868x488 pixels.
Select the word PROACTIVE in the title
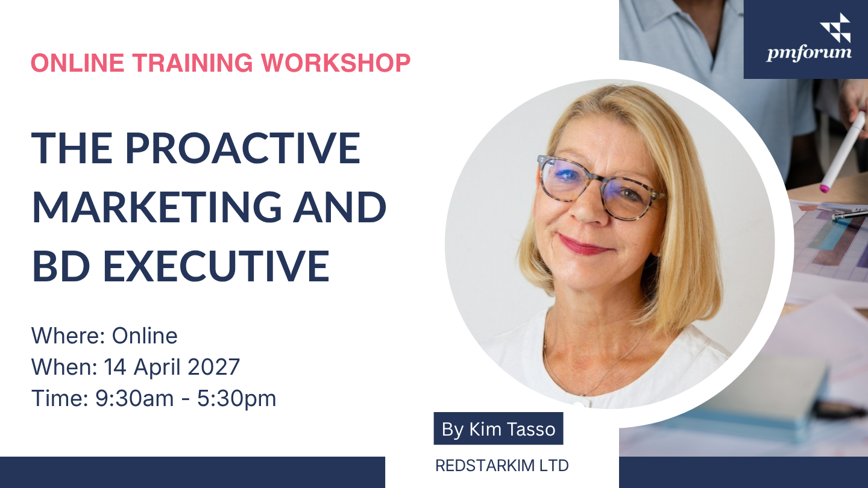click(242, 148)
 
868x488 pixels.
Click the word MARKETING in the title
click(157, 207)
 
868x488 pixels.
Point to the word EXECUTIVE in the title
click(216, 266)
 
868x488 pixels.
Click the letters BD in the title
click(61, 266)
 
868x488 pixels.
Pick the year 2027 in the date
click(213, 366)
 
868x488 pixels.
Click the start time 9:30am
click(134, 398)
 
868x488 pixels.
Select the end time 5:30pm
click(236, 399)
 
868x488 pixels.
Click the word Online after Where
click(145, 336)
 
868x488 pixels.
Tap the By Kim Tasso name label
click(498, 428)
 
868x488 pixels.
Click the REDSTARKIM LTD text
click(502, 466)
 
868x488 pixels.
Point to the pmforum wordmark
click(809, 52)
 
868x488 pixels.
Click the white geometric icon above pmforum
click(835, 28)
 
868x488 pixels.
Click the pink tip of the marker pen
click(824, 189)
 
